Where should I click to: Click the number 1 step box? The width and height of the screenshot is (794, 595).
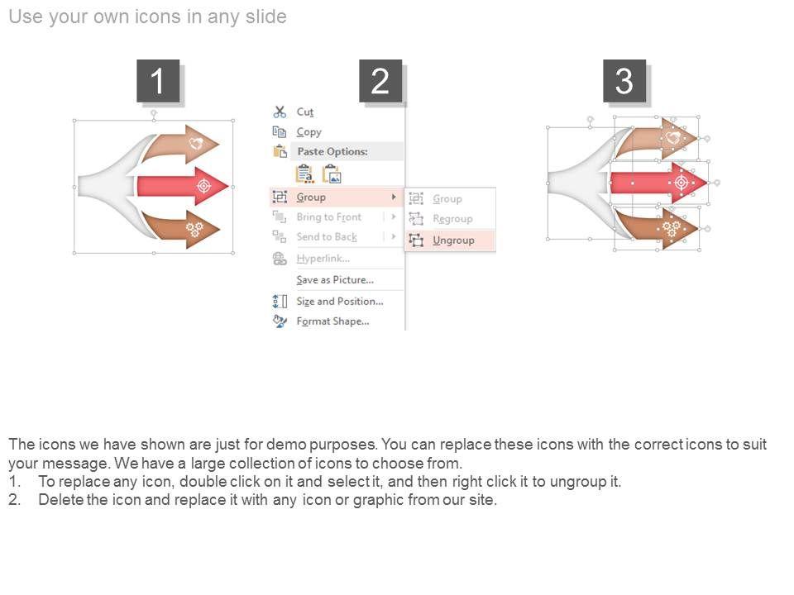coord(158,81)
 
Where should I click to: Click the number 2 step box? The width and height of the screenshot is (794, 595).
coord(380,81)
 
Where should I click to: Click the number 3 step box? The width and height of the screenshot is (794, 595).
coord(624,81)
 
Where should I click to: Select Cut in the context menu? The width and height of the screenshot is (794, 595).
coord(305,112)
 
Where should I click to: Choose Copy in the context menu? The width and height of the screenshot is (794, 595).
coord(309,132)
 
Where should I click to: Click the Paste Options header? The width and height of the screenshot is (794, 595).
coord(332,151)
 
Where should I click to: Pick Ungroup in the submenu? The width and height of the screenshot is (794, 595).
coord(453,240)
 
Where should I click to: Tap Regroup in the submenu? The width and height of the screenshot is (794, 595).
coord(452,219)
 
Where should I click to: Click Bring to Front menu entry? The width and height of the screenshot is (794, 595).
coord(329,217)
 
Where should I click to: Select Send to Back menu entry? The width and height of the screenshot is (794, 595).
coord(327,237)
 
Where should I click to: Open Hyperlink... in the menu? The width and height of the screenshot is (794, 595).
coord(323,259)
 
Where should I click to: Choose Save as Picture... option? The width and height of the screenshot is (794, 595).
coord(335,280)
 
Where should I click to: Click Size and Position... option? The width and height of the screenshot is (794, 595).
coord(340,302)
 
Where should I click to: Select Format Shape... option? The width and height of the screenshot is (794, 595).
coord(332,321)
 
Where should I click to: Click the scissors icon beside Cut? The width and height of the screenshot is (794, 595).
coord(280,112)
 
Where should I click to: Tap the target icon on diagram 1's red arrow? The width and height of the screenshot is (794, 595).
coord(204,186)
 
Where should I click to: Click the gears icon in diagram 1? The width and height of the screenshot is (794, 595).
coord(194,230)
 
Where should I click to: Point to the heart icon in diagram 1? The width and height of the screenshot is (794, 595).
coord(197,143)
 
